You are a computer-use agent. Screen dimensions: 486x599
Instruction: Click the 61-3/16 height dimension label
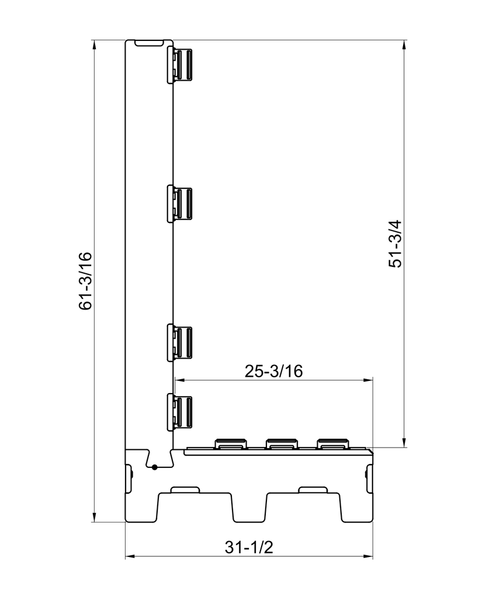85,281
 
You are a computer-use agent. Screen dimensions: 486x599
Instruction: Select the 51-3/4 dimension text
395,244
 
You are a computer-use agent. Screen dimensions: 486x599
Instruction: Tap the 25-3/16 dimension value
273,371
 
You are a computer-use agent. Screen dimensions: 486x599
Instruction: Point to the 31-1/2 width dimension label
249,548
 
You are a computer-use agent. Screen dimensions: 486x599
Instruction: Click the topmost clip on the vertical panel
179,66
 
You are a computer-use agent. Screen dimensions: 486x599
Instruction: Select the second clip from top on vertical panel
179,203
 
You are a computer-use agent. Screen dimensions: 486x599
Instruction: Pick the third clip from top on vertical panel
179,342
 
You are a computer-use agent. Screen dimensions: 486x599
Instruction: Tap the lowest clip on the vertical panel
179,412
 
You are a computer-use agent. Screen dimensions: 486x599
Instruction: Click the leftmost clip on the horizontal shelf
231,444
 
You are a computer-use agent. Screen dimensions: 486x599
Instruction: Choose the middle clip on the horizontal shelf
282,444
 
